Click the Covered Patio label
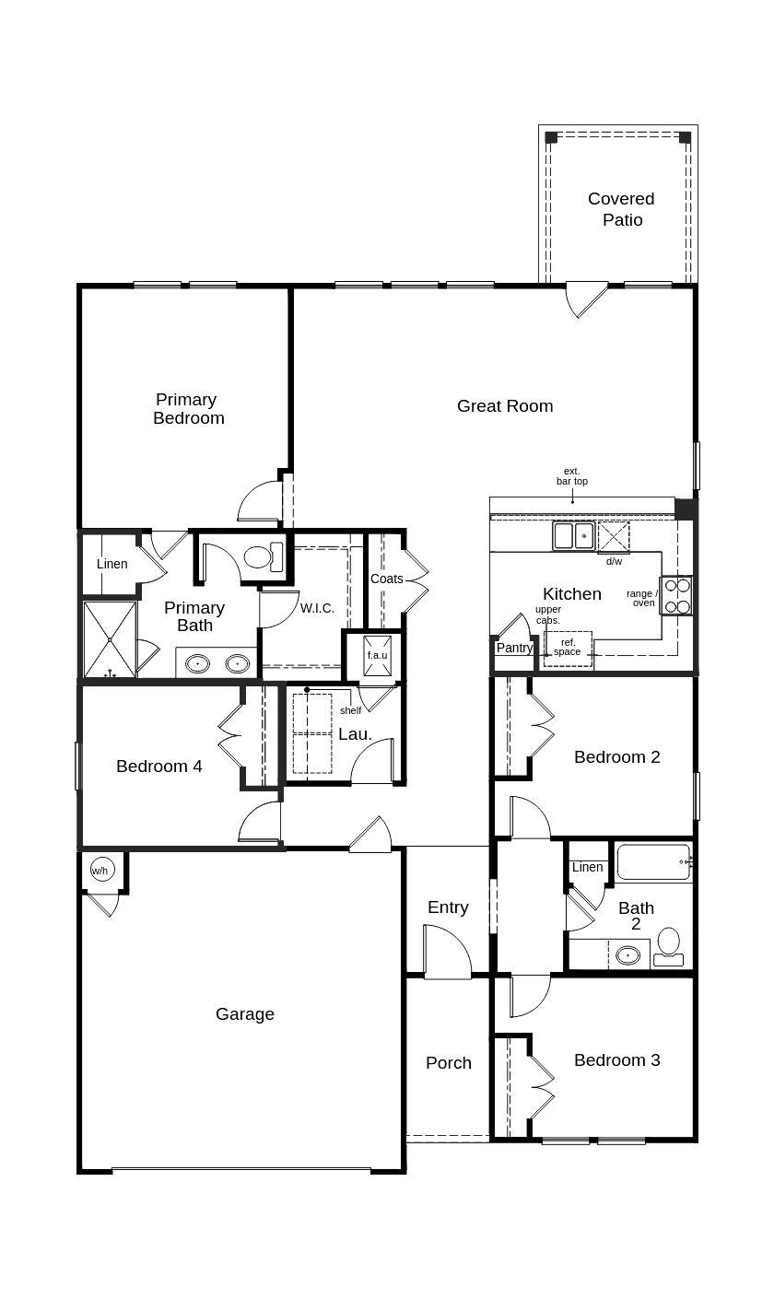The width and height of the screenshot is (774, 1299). tap(621, 209)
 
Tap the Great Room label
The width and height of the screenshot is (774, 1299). tap(505, 405)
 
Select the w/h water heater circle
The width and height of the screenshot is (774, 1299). tap(100, 870)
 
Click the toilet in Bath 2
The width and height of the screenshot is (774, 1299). tap(669, 944)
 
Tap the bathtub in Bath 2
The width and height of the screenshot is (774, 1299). tap(653, 862)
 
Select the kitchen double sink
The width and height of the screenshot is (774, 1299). tap(574, 535)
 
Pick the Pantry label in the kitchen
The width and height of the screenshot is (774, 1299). tap(514, 648)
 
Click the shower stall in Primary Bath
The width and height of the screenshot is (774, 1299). tap(110, 639)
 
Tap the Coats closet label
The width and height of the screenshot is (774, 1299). tap(387, 579)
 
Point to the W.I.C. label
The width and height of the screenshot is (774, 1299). tap(317, 609)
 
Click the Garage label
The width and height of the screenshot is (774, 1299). tap(245, 1014)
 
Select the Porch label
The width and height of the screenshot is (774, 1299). tap(449, 1063)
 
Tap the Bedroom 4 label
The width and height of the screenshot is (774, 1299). tap(159, 767)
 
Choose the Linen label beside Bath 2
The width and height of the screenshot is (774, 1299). tap(587, 867)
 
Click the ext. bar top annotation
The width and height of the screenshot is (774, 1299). tap(571, 476)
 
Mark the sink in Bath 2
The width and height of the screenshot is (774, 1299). tap(628, 954)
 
